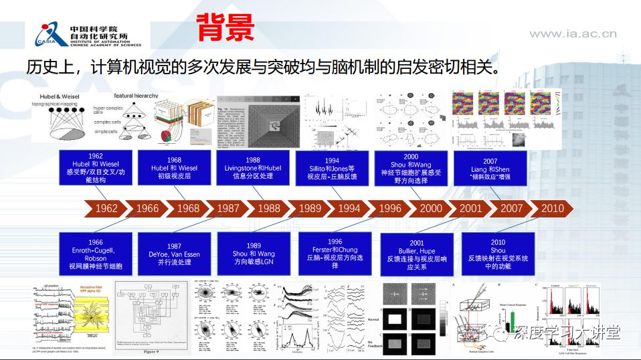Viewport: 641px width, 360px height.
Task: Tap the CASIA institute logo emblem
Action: pyautogui.click(x=45, y=34)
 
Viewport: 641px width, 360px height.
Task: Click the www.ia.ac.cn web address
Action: pyautogui.click(x=573, y=33)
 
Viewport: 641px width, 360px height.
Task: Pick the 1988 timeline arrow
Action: pyautogui.click(x=269, y=208)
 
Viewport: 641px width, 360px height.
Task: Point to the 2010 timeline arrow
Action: pyautogui.click(x=552, y=208)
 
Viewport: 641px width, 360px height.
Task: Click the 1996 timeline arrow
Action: pyautogui.click(x=390, y=208)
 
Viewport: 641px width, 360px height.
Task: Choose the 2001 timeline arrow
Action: pyautogui.click(x=470, y=208)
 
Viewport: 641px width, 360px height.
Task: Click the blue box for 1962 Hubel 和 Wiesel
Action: pyautogui.click(x=95, y=167)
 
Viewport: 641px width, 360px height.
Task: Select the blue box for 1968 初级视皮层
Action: pyautogui.click(x=174, y=167)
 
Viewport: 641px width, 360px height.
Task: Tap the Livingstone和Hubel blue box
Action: pyautogui.click(x=253, y=167)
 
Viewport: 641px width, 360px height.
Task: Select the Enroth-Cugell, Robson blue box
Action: pyautogui.click(x=95, y=254)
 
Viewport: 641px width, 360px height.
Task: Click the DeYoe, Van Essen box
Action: pyautogui.click(x=174, y=254)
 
